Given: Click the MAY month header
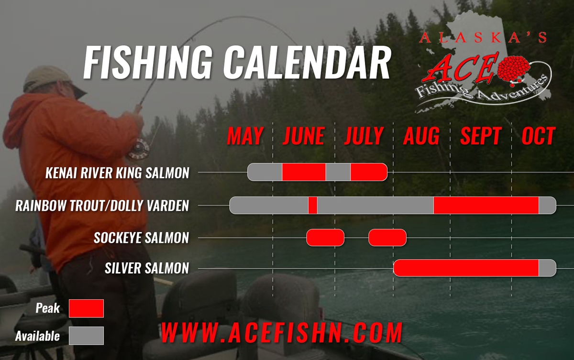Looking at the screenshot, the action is click(245, 136).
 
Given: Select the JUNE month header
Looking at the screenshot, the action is click(304, 136).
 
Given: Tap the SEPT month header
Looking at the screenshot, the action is click(481, 136).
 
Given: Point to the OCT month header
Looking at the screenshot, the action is click(539, 136).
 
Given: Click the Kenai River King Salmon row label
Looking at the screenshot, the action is click(117, 173).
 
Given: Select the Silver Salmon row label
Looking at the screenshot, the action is click(147, 268).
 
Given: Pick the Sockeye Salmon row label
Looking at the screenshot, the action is click(142, 238).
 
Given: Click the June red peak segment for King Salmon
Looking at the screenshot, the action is click(304, 172).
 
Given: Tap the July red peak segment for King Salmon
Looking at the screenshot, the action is click(369, 172).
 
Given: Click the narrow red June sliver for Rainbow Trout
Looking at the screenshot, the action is click(313, 206).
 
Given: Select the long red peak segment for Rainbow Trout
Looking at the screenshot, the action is click(486, 206).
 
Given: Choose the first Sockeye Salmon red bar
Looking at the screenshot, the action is click(325, 238).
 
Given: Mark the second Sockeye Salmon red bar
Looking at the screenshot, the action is click(387, 238).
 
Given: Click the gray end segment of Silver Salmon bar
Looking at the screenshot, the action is click(547, 268).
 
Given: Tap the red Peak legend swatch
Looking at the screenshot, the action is click(87, 308).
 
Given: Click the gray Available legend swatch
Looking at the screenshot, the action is click(87, 336).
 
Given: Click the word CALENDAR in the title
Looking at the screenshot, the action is click(307, 63).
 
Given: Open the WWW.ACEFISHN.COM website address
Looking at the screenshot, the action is click(282, 333).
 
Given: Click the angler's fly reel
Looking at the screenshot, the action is click(139, 149).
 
